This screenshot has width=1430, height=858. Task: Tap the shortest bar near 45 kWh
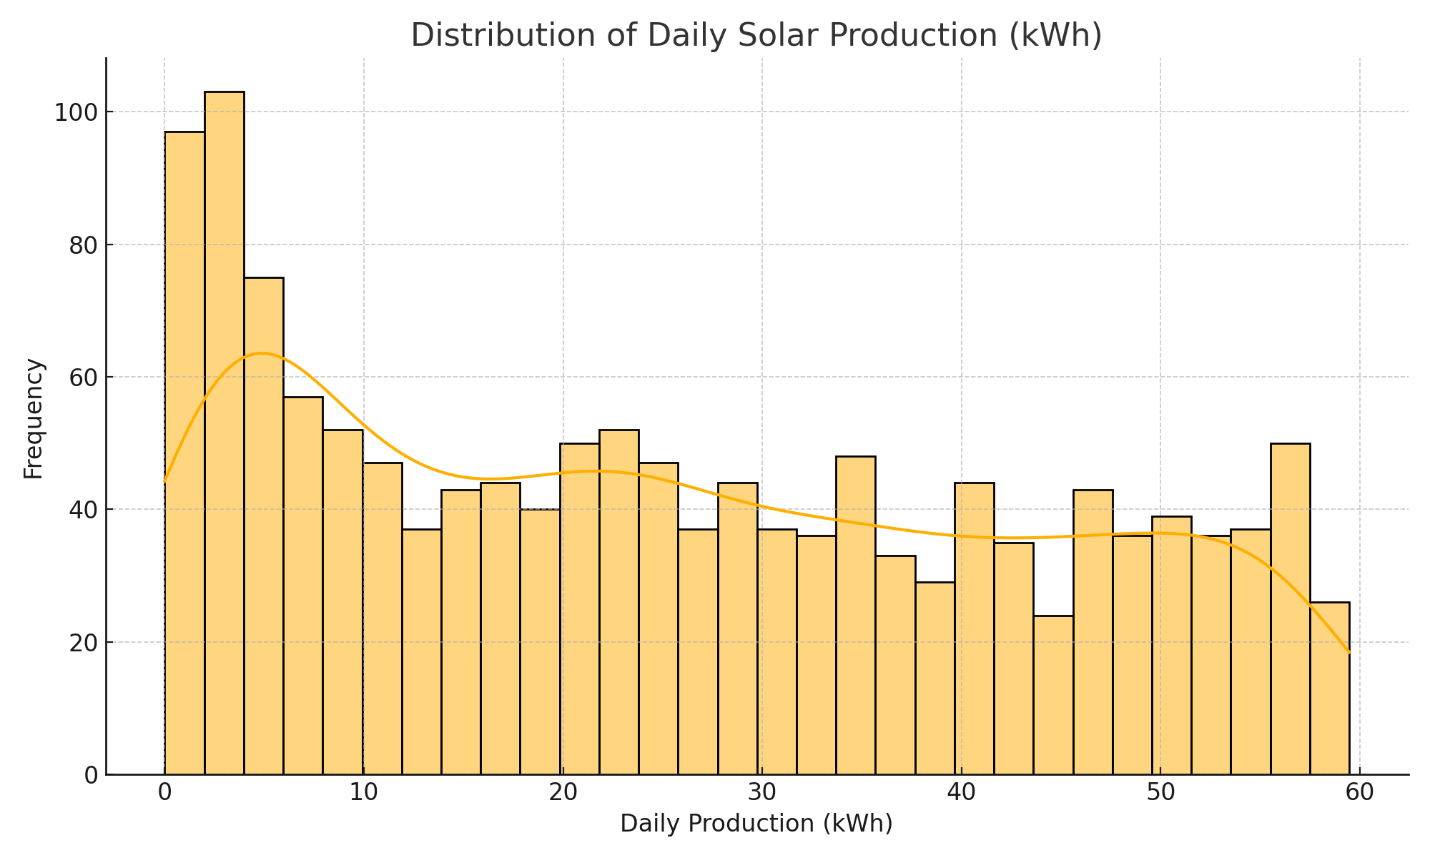pyautogui.click(x=1053, y=694)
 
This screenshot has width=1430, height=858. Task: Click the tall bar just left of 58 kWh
pyautogui.click(x=1290, y=608)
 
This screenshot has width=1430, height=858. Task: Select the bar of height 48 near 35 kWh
pyautogui.click(x=855, y=615)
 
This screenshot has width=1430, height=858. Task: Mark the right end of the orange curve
pyautogui.click(x=1348, y=652)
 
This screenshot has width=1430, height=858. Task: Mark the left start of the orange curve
pyautogui.click(x=165, y=481)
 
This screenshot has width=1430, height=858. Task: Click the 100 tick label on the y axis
pyautogui.click(x=74, y=113)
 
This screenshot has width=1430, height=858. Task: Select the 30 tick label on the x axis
pyautogui.click(x=761, y=794)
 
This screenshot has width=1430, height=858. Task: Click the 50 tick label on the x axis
pyautogui.click(x=1160, y=794)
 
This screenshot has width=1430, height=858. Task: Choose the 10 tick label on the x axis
pyautogui.click(x=363, y=794)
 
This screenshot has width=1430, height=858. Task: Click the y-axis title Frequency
pyautogui.click(x=34, y=418)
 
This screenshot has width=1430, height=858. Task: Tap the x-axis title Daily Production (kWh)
pyautogui.click(x=756, y=824)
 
